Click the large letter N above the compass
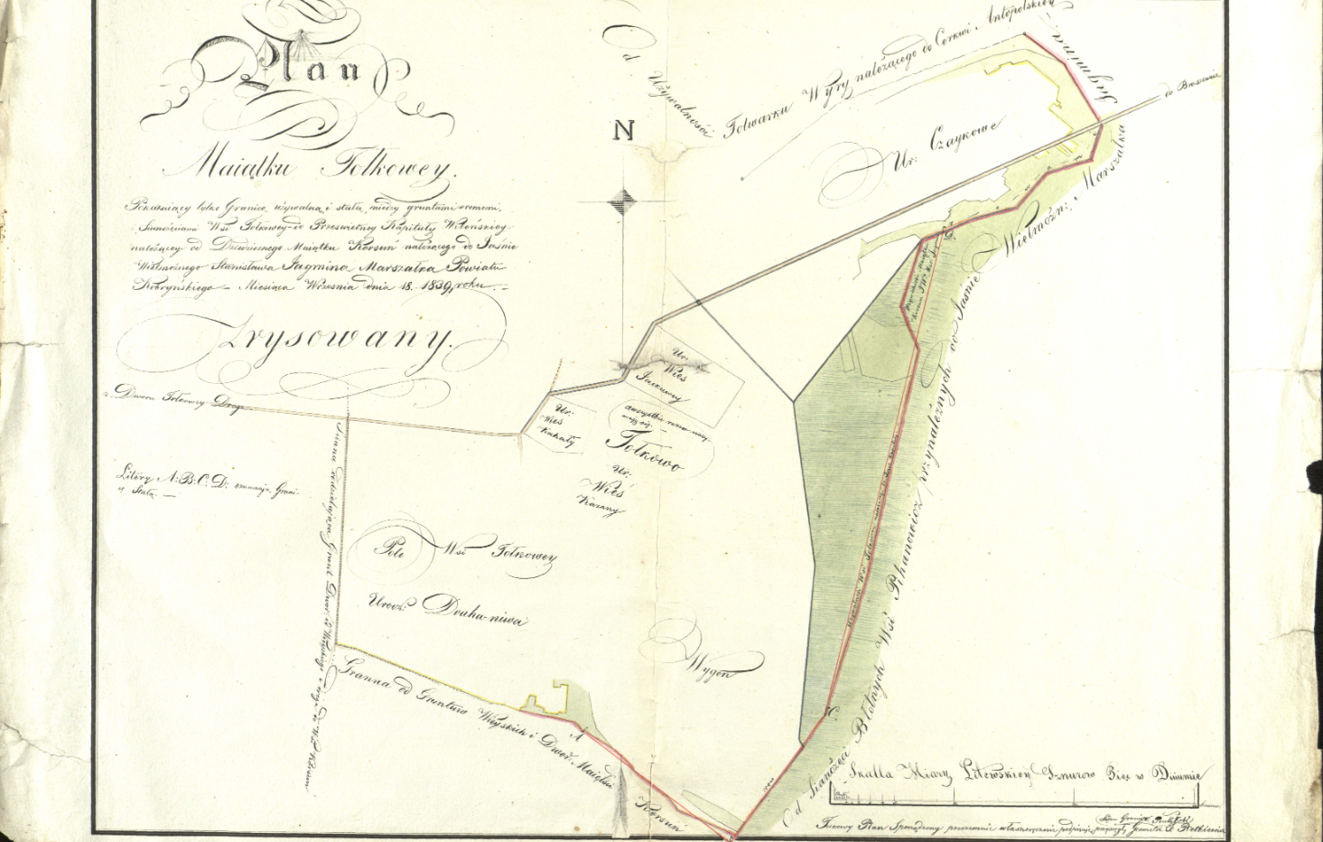pyautogui.click(x=624, y=130)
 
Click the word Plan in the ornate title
pyautogui.click(x=298, y=71)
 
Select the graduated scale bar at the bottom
pyautogui.click(x=1017, y=797)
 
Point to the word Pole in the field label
pyautogui.click(x=391, y=548)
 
